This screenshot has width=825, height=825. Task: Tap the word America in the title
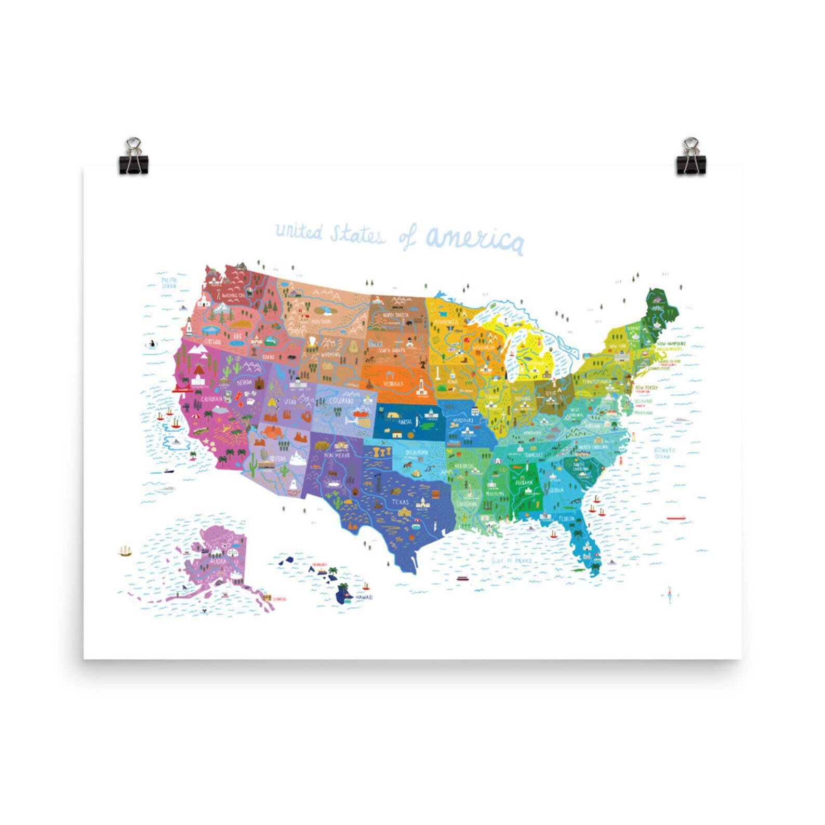pyautogui.click(x=473, y=240)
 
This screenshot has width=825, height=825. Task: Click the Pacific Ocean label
pyautogui.click(x=169, y=283)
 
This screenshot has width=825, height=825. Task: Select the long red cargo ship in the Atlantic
pyautogui.click(x=676, y=517)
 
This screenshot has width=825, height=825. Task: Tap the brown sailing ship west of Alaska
pyautogui.click(x=125, y=551)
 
